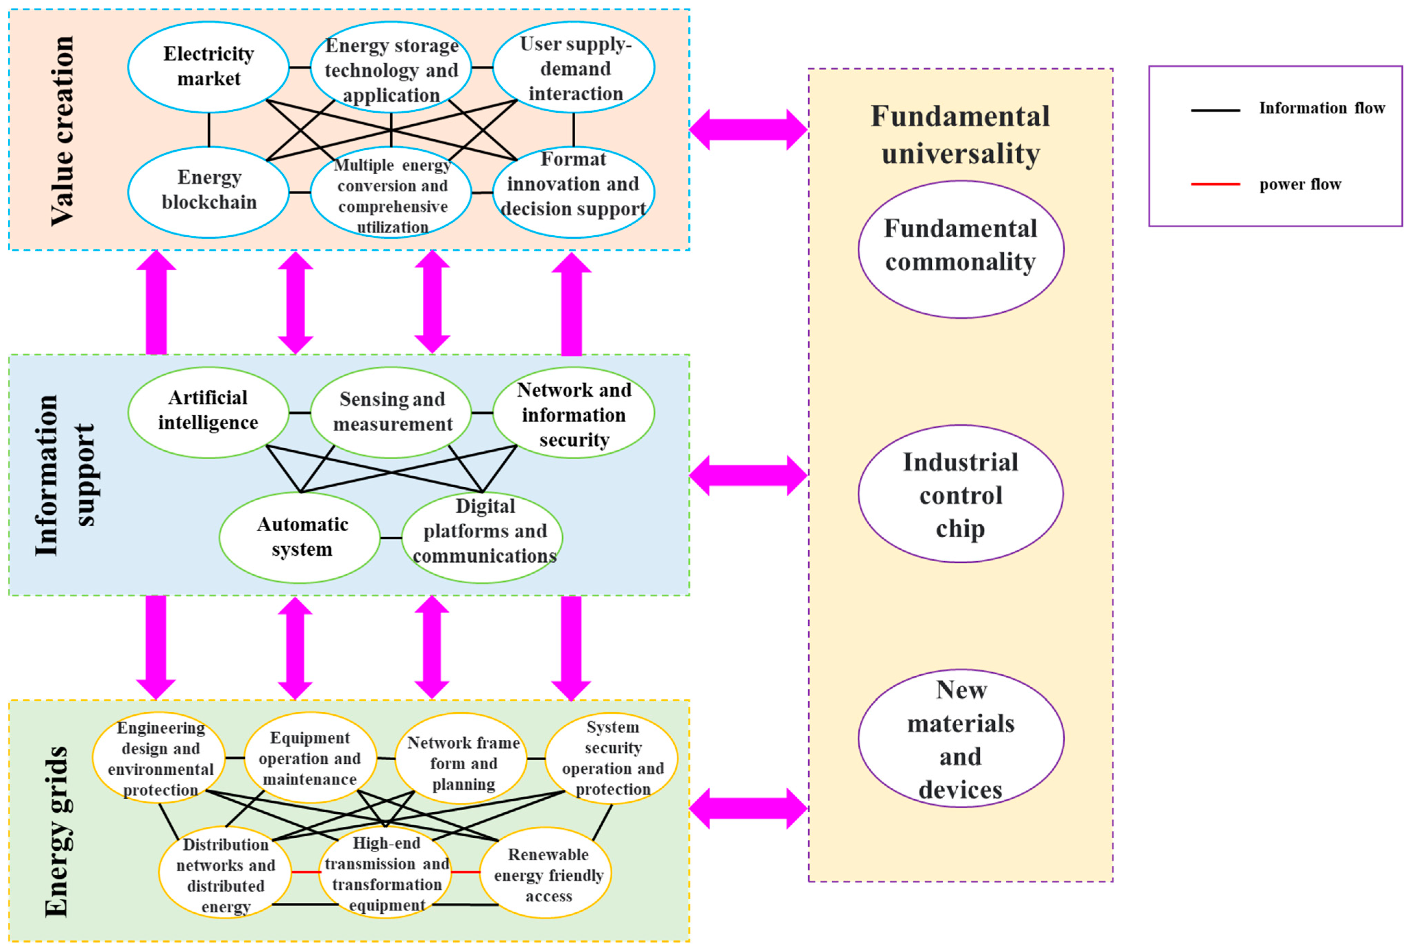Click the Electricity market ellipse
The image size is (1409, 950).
(208, 67)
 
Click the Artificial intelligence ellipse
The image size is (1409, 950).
(208, 412)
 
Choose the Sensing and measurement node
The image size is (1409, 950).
(392, 412)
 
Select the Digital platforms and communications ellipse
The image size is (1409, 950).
(482, 537)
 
